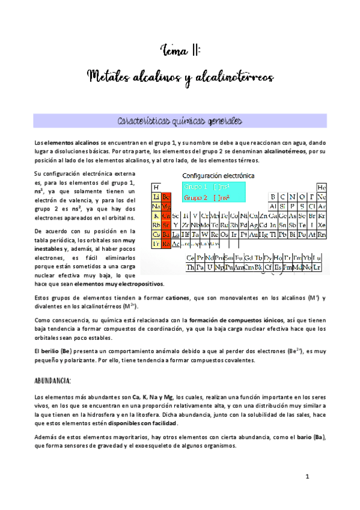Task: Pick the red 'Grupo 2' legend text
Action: (x=196, y=197)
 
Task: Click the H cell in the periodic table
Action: (x=156, y=188)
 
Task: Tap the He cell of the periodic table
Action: (x=322, y=188)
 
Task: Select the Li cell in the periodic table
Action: (x=156, y=197)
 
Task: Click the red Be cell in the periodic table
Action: (x=166, y=197)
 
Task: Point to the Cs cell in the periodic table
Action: (x=156, y=235)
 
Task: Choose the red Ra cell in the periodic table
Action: (x=166, y=244)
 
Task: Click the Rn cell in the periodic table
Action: (x=322, y=235)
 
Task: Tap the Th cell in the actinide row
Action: (x=191, y=267)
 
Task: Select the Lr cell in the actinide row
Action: (x=317, y=267)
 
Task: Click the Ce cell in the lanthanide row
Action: (x=191, y=258)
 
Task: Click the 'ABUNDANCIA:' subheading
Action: (x=53, y=381)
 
